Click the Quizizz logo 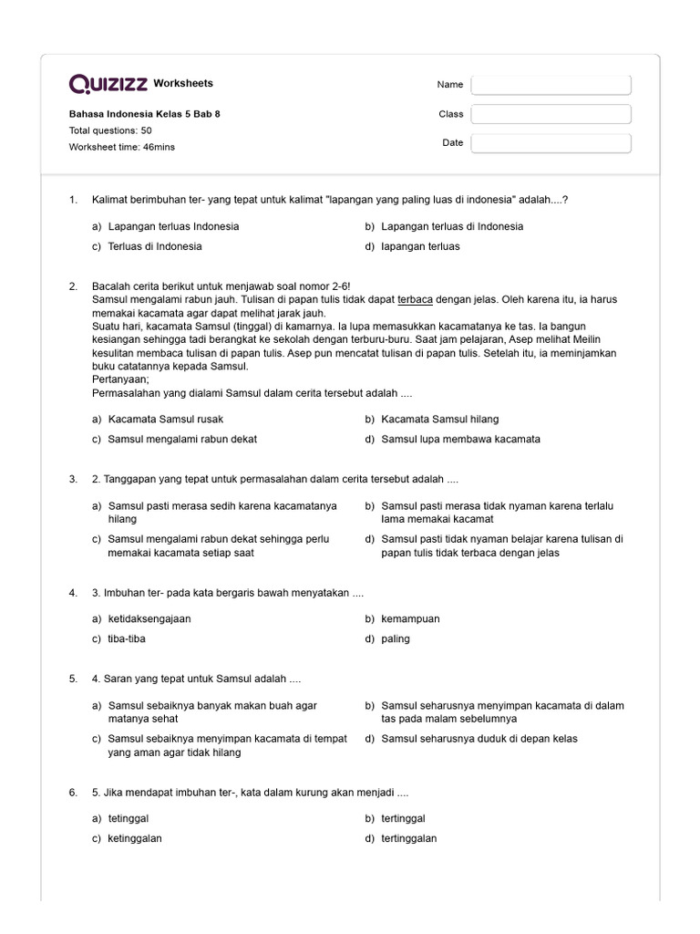(x=108, y=84)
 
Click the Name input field (x=551, y=85)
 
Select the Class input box (x=551, y=114)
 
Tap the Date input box (x=551, y=143)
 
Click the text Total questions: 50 (x=110, y=130)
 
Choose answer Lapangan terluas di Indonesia (x=452, y=226)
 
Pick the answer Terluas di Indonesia (x=155, y=246)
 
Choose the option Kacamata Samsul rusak (x=165, y=419)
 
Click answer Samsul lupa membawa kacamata (x=460, y=439)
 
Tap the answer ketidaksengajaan (x=149, y=618)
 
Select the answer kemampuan (x=410, y=618)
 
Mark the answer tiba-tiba (x=127, y=638)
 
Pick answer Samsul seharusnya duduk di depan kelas (x=479, y=738)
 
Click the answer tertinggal (x=403, y=818)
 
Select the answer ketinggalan (x=135, y=838)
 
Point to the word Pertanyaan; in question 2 (x=120, y=379)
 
